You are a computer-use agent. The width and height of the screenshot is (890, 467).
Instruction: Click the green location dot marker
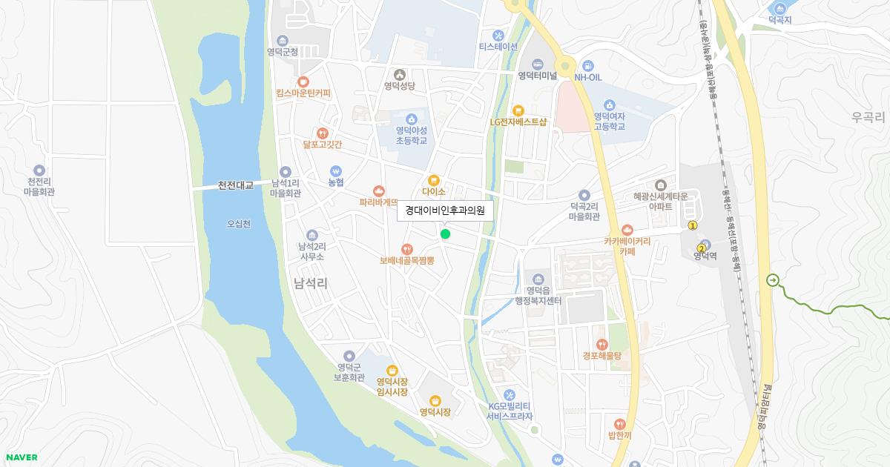click(x=445, y=234)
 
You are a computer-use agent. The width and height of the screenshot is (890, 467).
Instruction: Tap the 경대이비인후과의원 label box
click(x=445, y=211)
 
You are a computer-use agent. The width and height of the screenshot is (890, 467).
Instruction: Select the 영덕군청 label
click(x=283, y=52)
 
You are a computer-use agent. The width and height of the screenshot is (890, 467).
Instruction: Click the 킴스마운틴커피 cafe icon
click(x=303, y=82)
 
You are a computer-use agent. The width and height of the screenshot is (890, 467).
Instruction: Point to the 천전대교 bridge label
click(x=235, y=185)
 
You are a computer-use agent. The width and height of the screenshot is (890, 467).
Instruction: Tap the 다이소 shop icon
click(x=434, y=179)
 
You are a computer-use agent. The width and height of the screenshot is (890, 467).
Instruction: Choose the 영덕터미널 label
click(x=538, y=76)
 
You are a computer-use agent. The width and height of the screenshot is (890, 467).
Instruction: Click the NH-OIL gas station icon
click(x=588, y=65)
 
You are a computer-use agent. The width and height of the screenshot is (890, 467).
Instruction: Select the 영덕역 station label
click(x=705, y=256)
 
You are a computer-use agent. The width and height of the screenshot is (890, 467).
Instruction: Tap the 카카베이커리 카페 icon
click(x=627, y=230)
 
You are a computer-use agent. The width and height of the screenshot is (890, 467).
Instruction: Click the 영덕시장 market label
click(x=435, y=412)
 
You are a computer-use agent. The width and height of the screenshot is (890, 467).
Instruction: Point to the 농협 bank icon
click(x=336, y=170)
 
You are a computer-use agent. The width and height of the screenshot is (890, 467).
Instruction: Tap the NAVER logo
click(x=21, y=457)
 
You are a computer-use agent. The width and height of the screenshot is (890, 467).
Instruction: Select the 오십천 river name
click(x=239, y=224)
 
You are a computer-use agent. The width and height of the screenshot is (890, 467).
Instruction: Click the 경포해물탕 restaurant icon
click(x=601, y=344)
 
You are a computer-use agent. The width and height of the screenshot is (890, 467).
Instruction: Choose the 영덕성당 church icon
click(x=400, y=74)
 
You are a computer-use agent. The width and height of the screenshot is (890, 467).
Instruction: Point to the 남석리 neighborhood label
click(x=311, y=283)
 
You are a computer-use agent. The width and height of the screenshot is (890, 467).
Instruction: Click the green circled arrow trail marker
click(x=773, y=280)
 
